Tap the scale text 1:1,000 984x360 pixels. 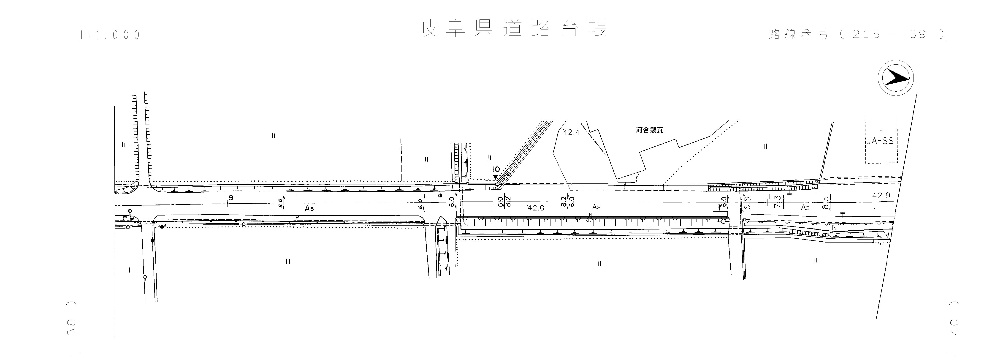tap(110, 35)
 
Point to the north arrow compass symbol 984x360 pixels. tap(895, 78)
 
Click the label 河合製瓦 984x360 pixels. tap(649, 130)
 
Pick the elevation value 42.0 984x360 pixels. tap(536, 208)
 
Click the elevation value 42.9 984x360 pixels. tap(881, 195)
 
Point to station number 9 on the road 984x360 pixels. tap(231, 198)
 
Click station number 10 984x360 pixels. tap(496, 169)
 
